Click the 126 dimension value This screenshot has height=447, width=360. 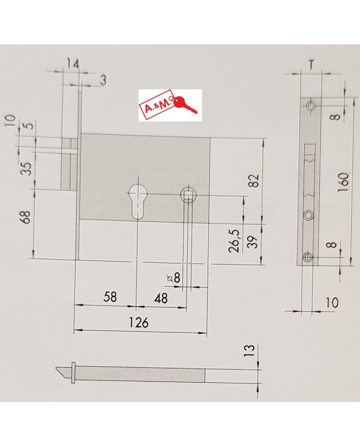click(139, 322)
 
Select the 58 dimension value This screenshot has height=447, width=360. click(110, 297)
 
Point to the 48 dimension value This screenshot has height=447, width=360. click(161, 298)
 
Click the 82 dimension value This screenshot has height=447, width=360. click(254, 180)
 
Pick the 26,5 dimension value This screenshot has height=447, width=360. click(235, 241)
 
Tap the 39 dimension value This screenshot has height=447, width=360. click(253, 242)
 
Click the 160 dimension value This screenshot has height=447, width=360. click(343, 182)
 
